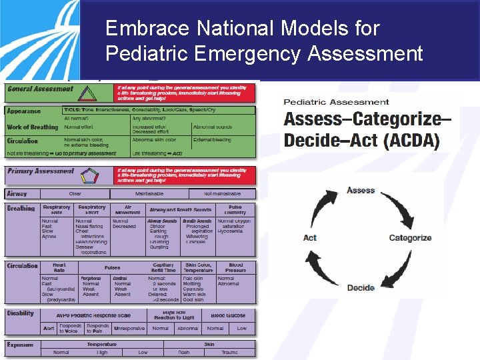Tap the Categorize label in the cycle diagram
click(x=410, y=238)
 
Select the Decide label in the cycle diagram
click(x=361, y=287)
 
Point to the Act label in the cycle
click(x=310, y=238)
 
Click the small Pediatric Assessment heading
click(x=336, y=102)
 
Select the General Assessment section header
click(x=41, y=89)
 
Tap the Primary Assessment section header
click(x=41, y=171)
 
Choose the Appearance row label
click(x=23, y=111)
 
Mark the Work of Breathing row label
click(x=33, y=127)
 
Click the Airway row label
click(x=17, y=193)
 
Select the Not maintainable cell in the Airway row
click(x=223, y=193)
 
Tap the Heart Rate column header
click(x=59, y=268)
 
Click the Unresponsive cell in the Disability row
click(x=129, y=328)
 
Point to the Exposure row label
click(x=20, y=345)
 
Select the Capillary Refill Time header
click(x=163, y=268)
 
